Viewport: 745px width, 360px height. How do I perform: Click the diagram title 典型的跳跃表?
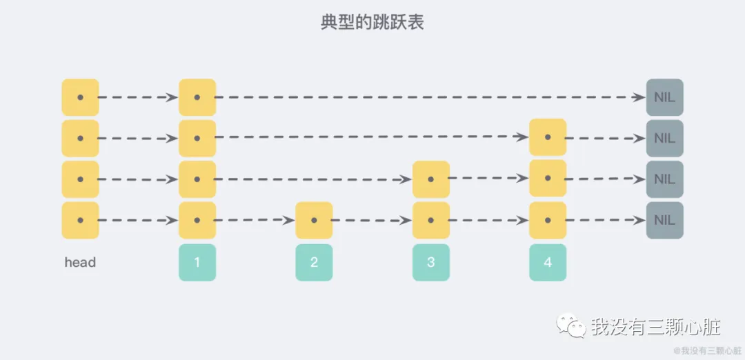click(x=372, y=22)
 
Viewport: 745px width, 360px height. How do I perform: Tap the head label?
click(x=80, y=262)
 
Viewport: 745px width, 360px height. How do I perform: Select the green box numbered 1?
click(x=197, y=262)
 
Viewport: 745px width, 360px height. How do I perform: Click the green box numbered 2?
click(x=314, y=262)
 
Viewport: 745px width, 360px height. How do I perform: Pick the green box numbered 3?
click(x=431, y=262)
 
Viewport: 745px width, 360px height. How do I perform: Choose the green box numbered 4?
click(x=548, y=262)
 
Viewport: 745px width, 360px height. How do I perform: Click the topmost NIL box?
click(x=664, y=97)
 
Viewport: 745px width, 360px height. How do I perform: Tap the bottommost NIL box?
click(x=664, y=221)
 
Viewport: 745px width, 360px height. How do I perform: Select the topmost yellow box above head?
click(x=80, y=97)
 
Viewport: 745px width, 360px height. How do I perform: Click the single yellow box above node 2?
click(x=314, y=221)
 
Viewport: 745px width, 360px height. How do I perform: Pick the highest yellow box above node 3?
click(x=431, y=179)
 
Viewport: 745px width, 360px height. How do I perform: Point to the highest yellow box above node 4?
click(x=548, y=137)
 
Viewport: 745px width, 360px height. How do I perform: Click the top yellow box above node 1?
click(x=197, y=97)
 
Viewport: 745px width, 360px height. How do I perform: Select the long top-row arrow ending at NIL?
click(x=428, y=97)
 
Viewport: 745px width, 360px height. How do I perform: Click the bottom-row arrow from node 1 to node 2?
click(x=255, y=221)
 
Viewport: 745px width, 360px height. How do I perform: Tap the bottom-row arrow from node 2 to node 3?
click(x=372, y=221)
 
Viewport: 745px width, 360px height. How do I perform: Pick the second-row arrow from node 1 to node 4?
click(x=372, y=138)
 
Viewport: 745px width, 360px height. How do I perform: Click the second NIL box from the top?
click(x=664, y=138)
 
